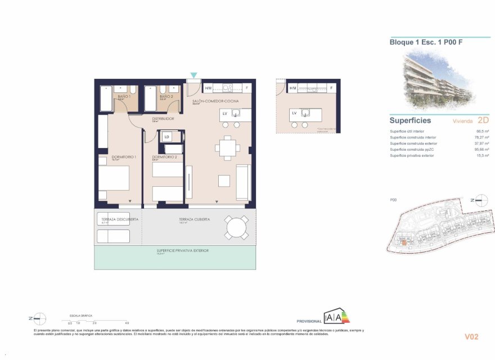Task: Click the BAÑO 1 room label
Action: click(x=124, y=97)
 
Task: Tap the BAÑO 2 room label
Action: click(x=165, y=97)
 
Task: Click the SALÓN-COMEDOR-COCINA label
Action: click(x=215, y=101)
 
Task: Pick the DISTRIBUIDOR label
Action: click(x=163, y=119)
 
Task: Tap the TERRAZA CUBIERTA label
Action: click(x=195, y=219)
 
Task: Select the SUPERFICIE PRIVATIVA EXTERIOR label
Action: click(x=175, y=251)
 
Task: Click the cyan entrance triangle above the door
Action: click(x=194, y=75)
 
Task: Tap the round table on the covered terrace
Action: click(x=236, y=228)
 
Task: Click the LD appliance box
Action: click(x=167, y=136)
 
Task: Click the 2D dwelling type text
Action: click(x=482, y=120)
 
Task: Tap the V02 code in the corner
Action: click(x=471, y=337)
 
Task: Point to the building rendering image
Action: click(x=438, y=78)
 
